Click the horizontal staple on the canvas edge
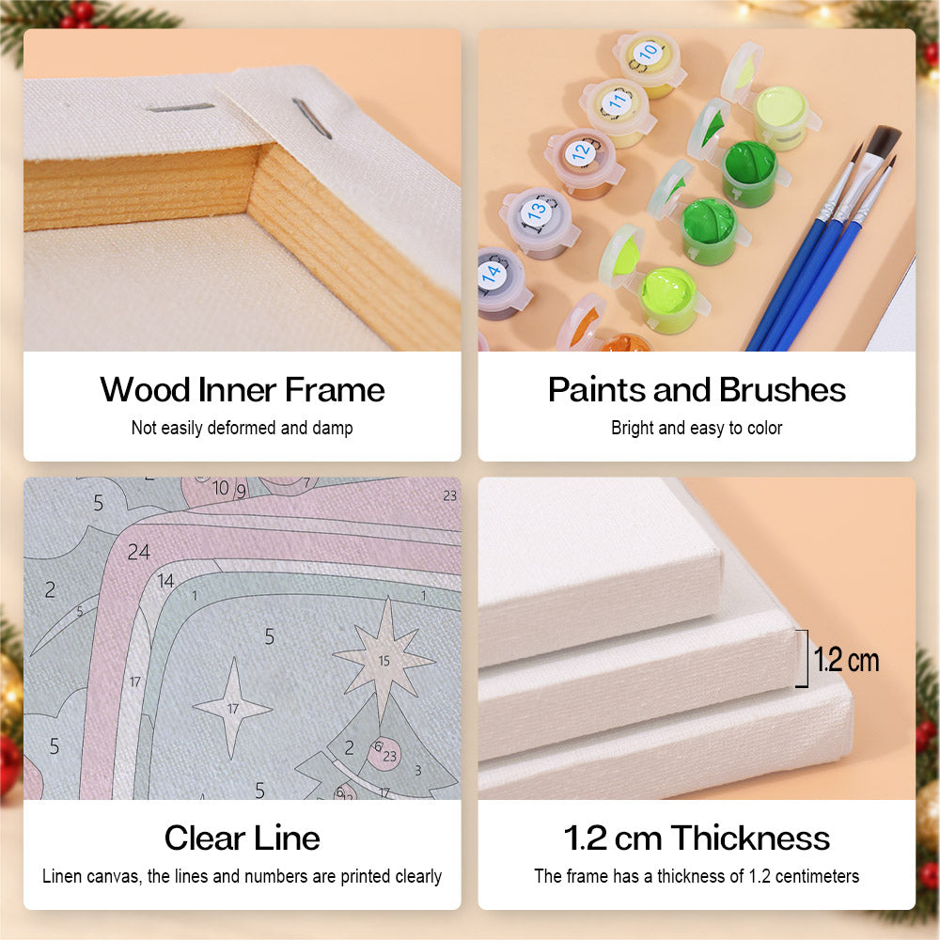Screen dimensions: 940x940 180,108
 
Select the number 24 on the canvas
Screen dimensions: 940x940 138,552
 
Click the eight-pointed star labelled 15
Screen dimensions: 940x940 384,660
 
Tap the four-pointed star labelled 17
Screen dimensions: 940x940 233,709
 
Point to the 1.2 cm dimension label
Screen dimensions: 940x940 846,660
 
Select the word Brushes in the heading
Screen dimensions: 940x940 782,390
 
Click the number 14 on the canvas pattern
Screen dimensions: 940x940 165,580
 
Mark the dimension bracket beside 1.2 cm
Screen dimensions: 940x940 804,658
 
